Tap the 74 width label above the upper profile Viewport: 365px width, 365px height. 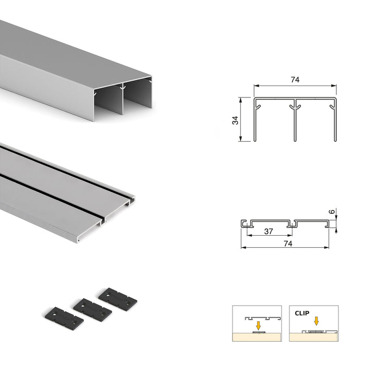pos(295,80)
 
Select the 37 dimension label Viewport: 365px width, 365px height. pos(267,232)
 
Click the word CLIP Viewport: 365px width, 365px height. pos(301,313)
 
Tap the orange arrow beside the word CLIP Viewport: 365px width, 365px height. pos(315,321)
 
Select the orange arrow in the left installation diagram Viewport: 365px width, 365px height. pos(258,325)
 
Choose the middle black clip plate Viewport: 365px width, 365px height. pos(92,310)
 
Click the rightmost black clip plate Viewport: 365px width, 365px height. pos(117,298)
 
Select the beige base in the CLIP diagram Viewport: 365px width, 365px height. pos(313,336)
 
